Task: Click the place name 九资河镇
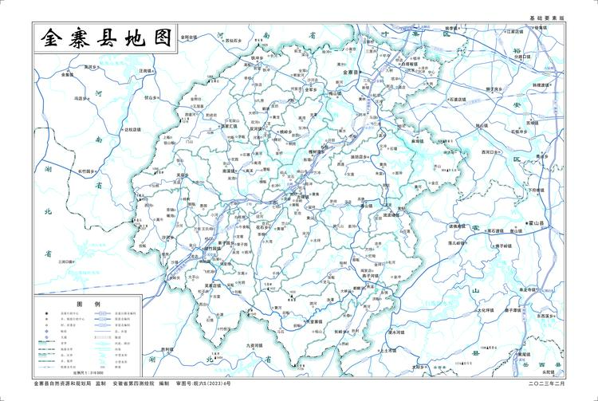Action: (249, 345)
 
